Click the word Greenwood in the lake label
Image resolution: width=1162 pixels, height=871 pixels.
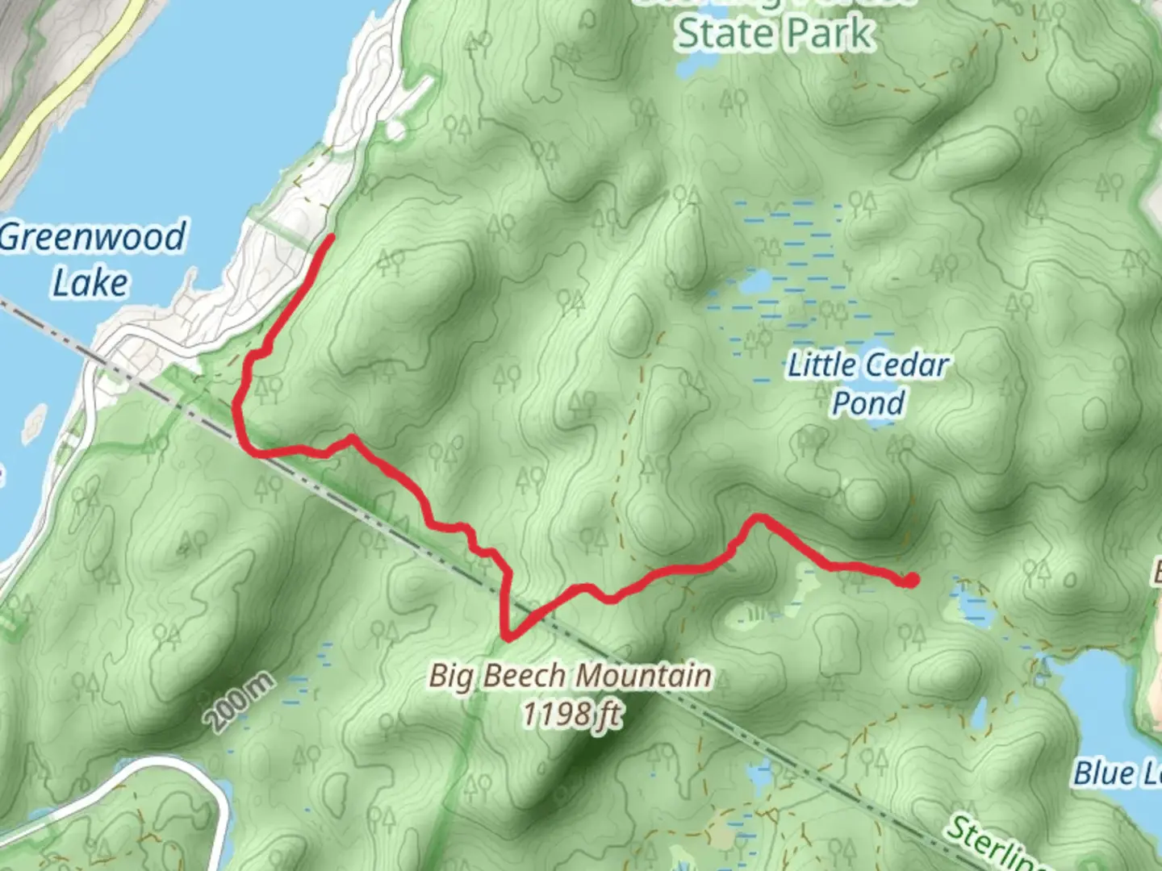[92, 237]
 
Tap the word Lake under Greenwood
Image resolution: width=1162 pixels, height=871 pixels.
[90, 282]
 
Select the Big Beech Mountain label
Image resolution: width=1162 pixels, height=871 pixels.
[570, 675]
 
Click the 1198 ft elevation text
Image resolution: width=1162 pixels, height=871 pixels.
[571, 713]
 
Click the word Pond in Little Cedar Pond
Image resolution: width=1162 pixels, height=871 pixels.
[867, 402]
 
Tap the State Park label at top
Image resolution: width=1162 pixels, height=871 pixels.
[775, 34]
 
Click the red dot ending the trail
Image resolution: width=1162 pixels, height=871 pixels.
[911, 580]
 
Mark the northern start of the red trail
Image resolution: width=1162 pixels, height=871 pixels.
[331, 237]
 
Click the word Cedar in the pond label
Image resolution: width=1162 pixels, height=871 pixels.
[906, 365]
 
